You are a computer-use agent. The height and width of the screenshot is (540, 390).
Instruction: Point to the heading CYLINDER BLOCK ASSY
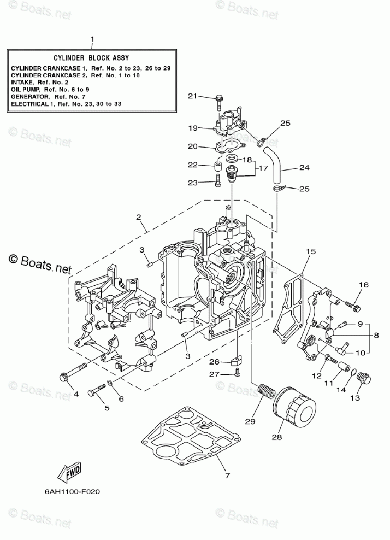point(91,58)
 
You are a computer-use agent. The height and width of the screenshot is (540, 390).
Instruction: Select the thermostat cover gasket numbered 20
point(230,146)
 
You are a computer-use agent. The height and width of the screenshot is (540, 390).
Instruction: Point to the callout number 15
point(310,252)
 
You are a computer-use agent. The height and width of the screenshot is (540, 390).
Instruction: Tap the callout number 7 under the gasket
point(227,476)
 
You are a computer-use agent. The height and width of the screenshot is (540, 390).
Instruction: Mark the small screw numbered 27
point(237,372)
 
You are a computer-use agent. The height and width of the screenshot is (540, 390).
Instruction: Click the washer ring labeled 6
point(109,383)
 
